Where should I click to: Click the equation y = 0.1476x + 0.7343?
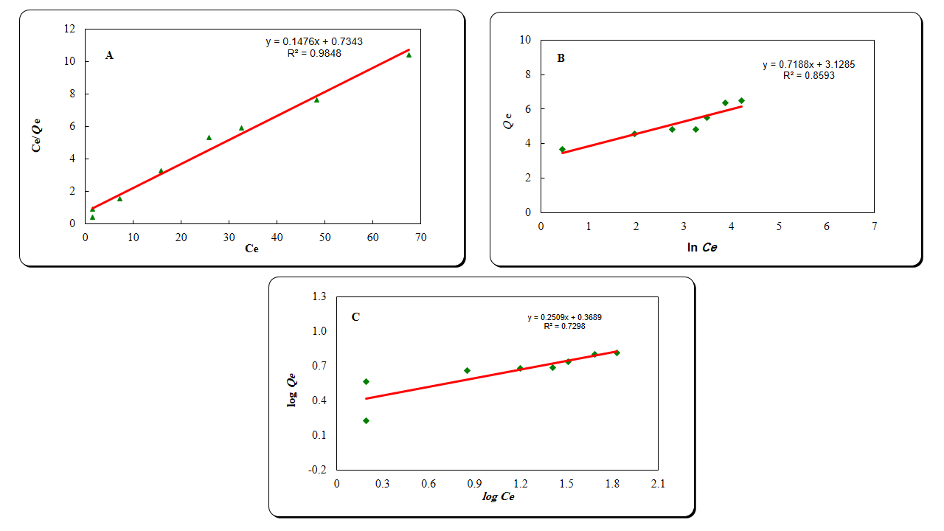[x=314, y=42]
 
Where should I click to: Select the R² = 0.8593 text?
[x=809, y=75]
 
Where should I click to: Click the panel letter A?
[x=109, y=55]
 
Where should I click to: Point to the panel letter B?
[x=560, y=58]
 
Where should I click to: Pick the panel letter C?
[x=355, y=317]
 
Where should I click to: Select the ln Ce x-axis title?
[x=701, y=248]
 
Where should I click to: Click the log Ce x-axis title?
[x=499, y=497]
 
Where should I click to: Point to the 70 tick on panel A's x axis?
[x=420, y=237]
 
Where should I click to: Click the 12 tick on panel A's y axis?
[x=70, y=29]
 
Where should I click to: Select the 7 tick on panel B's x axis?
[x=874, y=226]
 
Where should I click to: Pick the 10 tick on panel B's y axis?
[x=525, y=40]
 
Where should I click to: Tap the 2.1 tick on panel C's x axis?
[x=657, y=484]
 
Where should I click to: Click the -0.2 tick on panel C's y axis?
[x=318, y=469]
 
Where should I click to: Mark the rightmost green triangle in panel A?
[x=409, y=55]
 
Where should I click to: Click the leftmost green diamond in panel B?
[x=562, y=149]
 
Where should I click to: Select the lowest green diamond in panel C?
[x=366, y=420]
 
